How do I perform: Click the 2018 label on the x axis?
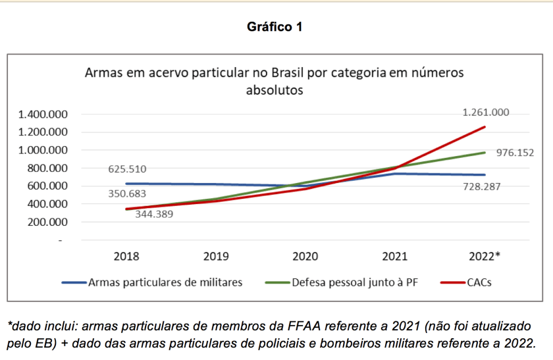[x=126, y=256]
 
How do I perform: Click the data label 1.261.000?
[x=487, y=113]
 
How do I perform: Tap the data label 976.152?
[x=514, y=153]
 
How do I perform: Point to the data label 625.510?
[x=127, y=170]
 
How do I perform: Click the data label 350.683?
[x=127, y=194]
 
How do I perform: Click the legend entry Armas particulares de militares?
[x=165, y=282]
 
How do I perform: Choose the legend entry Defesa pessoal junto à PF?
[x=354, y=282]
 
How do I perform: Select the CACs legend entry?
[x=479, y=282]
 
